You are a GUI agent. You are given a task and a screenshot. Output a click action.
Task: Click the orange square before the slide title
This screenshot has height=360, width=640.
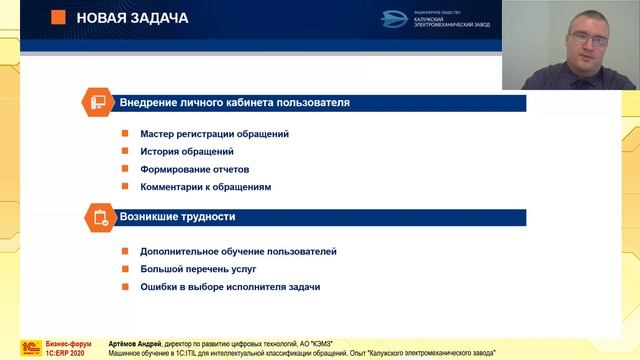tap(58, 18)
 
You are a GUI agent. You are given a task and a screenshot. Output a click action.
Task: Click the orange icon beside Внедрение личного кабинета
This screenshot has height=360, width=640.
tap(99, 103)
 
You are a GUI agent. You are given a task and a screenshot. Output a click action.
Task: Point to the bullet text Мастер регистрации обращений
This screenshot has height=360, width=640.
tap(201, 134)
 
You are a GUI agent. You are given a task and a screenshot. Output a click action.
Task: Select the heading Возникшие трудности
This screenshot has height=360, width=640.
tap(178, 217)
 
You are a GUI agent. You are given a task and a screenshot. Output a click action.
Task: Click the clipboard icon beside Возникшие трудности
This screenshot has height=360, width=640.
tap(99, 217)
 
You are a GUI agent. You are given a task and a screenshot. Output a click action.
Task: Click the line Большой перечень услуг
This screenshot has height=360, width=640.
tap(184, 269)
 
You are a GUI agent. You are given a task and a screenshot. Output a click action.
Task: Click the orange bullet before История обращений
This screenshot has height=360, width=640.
tap(126, 152)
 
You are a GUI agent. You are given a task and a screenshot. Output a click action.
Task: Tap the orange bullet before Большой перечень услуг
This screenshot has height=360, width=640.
tap(126, 269)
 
